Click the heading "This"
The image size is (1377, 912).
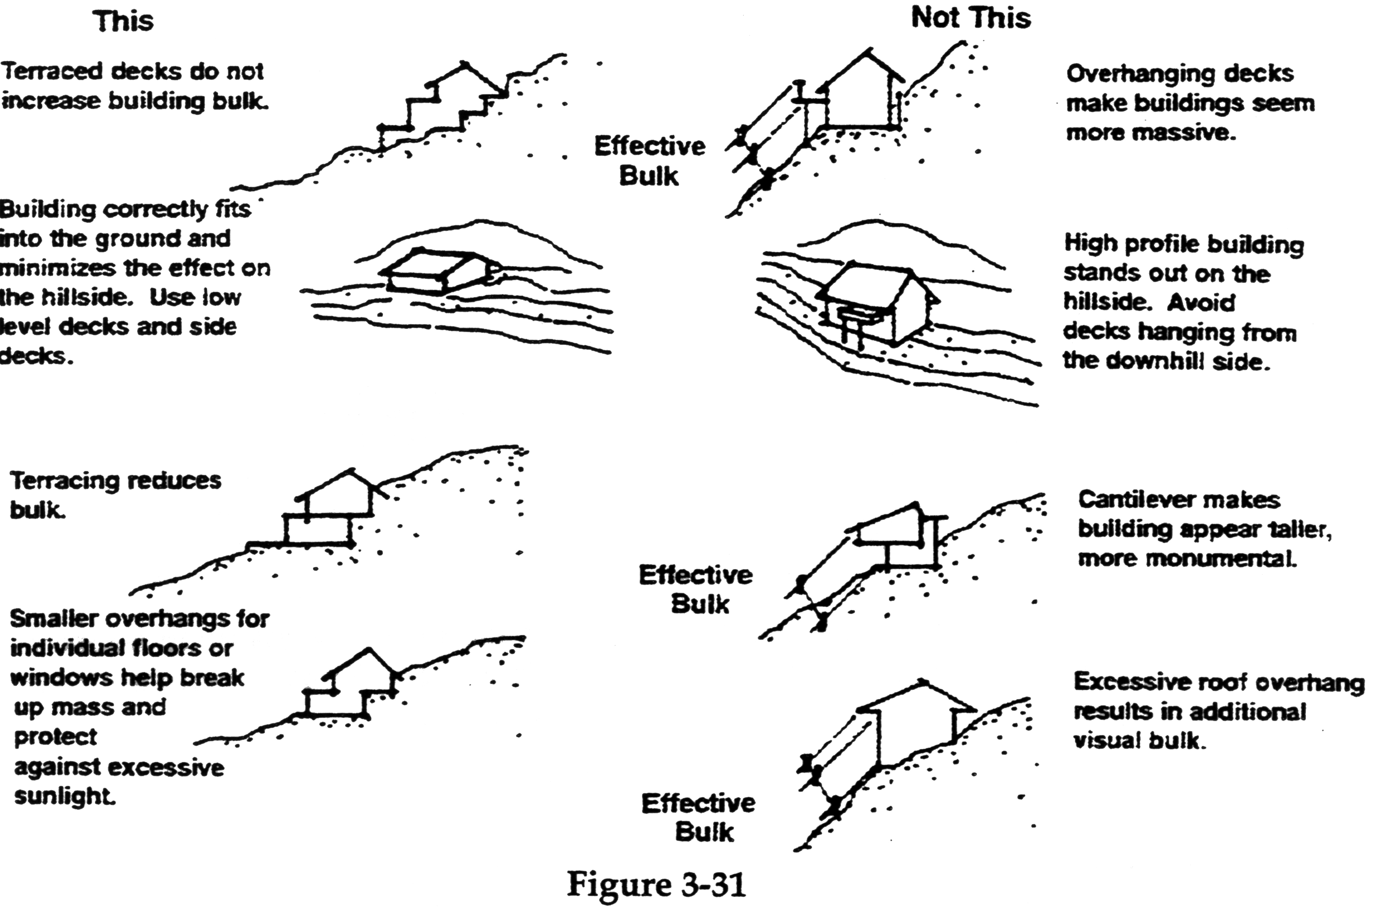click(123, 22)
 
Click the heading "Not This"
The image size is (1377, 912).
click(970, 18)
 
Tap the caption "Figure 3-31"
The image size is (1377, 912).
click(655, 884)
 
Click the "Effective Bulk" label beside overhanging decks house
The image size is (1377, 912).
click(649, 161)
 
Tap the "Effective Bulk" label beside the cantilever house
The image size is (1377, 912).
click(696, 590)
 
